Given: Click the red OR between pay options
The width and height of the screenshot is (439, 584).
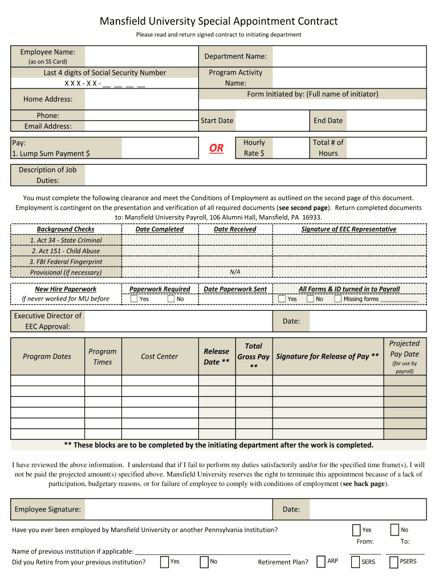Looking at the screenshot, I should (217, 148).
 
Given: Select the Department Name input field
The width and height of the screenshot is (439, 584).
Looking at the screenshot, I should (349, 56).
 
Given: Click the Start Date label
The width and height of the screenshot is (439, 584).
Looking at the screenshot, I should (217, 120).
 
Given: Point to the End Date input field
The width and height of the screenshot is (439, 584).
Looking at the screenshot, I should (386, 120).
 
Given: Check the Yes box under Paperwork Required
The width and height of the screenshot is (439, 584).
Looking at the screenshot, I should (134, 299).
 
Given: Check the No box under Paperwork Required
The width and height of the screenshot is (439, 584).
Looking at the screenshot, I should (171, 299).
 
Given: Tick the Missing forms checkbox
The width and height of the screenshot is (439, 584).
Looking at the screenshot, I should (338, 299).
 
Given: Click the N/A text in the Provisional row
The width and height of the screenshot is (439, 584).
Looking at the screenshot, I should (235, 272).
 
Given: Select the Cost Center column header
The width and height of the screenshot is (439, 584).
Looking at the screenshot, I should (160, 356).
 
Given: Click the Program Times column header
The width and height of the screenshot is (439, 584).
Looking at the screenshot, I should (103, 356).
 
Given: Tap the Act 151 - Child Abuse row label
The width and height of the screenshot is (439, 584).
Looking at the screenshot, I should (66, 251).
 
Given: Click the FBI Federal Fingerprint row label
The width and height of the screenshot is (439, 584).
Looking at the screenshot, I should (66, 262).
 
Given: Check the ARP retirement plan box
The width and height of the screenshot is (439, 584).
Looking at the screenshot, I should (321, 562).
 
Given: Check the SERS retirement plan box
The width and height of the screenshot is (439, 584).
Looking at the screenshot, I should (356, 562).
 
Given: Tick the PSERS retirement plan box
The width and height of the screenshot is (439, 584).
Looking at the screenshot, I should (393, 562).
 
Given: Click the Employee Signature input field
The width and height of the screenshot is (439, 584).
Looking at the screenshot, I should (180, 509).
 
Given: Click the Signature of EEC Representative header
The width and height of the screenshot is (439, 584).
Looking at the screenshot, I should (349, 229).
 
